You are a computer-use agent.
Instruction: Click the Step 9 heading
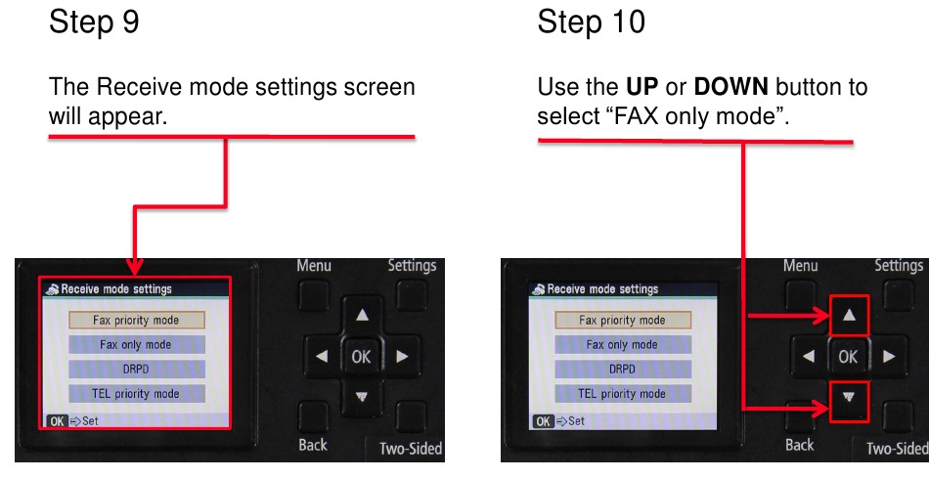click(94, 22)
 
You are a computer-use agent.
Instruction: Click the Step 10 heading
click(591, 22)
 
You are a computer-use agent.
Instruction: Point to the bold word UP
click(642, 87)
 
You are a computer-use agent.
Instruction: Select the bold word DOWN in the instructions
click(733, 87)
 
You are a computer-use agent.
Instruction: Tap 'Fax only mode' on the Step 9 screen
click(136, 345)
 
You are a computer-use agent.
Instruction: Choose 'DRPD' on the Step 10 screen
click(622, 370)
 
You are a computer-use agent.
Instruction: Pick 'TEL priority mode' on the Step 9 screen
click(136, 394)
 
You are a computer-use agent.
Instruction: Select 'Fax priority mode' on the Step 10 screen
click(622, 320)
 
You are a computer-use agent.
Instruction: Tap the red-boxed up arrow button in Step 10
click(848, 316)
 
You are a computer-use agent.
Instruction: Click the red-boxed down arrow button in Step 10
click(848, 399)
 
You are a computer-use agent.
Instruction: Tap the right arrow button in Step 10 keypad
click(888, 357)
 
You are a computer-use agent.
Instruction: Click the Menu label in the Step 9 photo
click(314, 266)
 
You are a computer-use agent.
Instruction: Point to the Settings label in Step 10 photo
click(898, 266)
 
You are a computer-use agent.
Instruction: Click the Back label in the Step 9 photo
click(313, 445)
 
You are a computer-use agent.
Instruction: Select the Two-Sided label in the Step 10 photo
click(896, 449)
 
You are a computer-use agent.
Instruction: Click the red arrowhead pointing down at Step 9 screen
click(134, 267)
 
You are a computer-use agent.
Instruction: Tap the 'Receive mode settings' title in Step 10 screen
click(602, 289)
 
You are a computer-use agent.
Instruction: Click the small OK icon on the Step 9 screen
click(56, 421)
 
